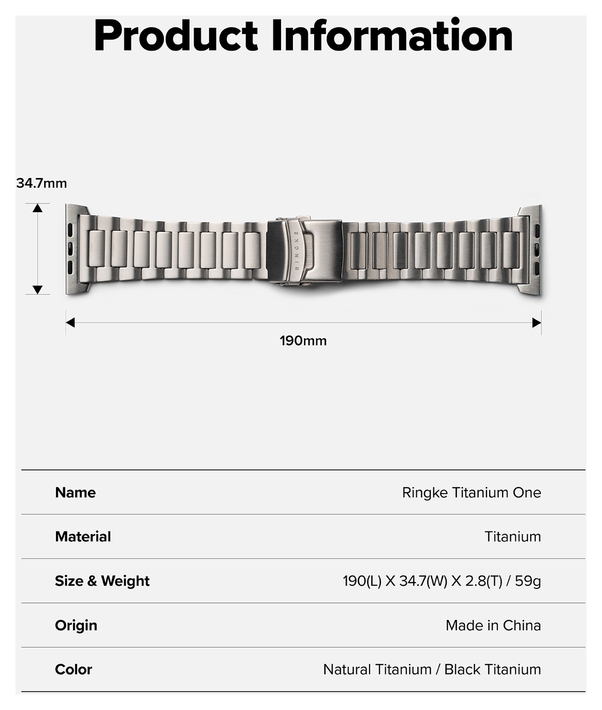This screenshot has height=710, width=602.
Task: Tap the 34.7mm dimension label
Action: click(x=42, y=183)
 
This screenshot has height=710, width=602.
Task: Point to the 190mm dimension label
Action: click(x=303, y=341)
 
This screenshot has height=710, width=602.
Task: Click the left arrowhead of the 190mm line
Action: click(x=71, y=323)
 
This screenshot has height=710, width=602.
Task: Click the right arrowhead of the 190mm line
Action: click(x=536, y=323)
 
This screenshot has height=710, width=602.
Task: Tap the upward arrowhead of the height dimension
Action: click(x=38, y=208)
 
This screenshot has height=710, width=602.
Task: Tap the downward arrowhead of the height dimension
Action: click(x=38, y=290)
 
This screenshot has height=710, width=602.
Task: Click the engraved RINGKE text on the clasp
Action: click(x=297, y=251)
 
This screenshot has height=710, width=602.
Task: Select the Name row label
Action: click(x=75, y=493)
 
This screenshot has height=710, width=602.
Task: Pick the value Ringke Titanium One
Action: click(x=471, y=493)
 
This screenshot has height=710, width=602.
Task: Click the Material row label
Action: click(x=83, y=537)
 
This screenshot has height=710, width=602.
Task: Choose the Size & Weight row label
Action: click(x=102, y=581)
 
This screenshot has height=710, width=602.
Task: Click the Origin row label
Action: click(x=76, y=625)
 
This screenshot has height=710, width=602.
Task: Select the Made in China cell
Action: click(x=493, y=625)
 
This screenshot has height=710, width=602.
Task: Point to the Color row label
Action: click(x=73, y=669)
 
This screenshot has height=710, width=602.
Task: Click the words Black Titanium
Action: click(x=492, y=669)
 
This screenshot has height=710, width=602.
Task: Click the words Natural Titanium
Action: click(x=377, y=669)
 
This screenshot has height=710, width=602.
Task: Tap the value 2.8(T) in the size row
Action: click(x=483, y=581)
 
